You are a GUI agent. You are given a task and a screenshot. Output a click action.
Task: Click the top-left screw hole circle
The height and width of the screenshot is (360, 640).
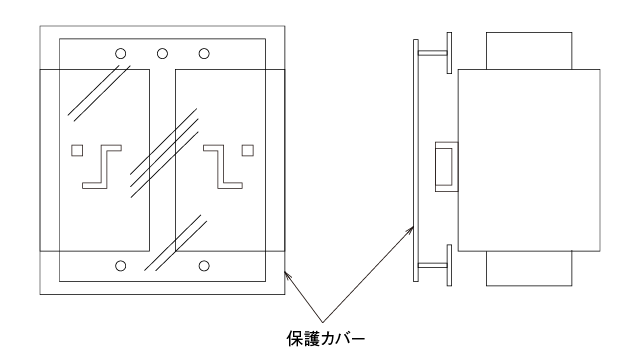[x=121, y=53]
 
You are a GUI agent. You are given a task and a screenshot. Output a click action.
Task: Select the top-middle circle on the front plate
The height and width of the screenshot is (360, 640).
[x=163, y=53]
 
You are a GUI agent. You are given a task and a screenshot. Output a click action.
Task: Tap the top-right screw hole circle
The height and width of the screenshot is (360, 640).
[x=205, y=53]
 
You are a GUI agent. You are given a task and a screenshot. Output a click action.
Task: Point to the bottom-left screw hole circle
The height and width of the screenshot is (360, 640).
[x=121, y=265]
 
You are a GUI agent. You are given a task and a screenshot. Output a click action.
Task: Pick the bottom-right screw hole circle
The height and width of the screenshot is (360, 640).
[x=205, y=265]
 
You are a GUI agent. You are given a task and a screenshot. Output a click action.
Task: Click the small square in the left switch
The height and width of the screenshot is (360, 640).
[x=78, y=151]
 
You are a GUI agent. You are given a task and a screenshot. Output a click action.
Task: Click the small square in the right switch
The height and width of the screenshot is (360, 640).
[x=248, y=151]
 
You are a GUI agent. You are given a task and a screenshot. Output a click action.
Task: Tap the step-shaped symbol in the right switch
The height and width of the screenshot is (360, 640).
[x=223, y=166]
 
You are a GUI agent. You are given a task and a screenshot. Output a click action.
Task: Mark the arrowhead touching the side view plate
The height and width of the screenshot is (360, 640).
[x=411, y=229]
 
